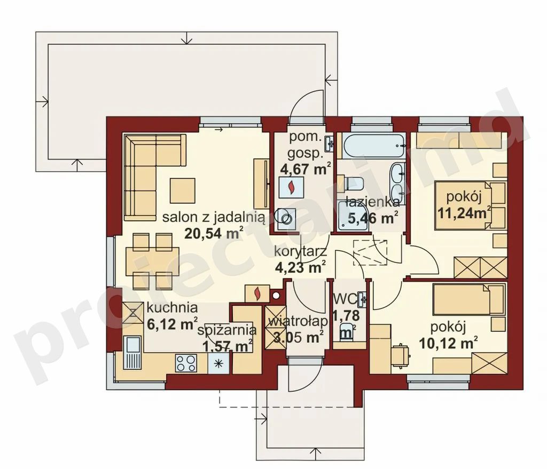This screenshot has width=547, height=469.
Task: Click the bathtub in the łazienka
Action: point(374,145)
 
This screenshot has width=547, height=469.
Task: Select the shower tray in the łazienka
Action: point(353,217)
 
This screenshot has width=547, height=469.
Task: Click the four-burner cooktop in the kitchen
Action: point(186,363)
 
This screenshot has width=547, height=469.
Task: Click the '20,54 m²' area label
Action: point(214,233)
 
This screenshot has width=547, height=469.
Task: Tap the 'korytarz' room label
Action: point(300,251)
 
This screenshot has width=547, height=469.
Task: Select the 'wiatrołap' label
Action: point(298,321)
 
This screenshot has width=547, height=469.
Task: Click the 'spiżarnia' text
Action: point(227,330)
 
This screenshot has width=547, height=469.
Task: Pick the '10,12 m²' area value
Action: point(448,343)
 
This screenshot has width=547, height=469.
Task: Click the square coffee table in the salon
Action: point(183,190)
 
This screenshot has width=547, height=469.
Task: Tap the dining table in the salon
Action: point(152,261)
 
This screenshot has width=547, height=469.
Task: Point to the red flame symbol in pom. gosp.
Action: point(291,187)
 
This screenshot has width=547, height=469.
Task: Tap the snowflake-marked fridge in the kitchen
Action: point(218,363)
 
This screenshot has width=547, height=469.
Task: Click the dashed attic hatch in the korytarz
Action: point(370,252)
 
